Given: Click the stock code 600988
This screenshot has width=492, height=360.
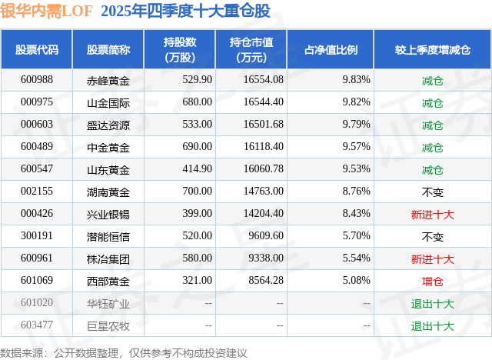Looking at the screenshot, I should pos(37,80).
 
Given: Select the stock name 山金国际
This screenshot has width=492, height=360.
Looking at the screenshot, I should pos(108,102).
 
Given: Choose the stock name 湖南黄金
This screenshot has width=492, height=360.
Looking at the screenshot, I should pos(108,192).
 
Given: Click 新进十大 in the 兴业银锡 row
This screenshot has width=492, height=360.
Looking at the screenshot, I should pos(433,214).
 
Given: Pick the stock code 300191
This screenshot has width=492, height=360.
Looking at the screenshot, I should pos(37,236).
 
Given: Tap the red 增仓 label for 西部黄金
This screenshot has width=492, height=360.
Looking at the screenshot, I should pos(433,281).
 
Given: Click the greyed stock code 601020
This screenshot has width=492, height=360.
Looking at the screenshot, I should pos(37,303).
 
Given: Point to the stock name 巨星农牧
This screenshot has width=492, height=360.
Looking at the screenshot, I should pos(108,325).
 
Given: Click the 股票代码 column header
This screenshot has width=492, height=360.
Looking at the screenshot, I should pos(37,49).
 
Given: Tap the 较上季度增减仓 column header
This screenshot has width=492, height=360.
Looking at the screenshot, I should pos(433,49).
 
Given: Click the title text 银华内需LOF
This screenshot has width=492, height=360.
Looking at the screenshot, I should pos(46,10).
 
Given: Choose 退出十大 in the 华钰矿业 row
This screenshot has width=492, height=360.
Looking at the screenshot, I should pos(433,303).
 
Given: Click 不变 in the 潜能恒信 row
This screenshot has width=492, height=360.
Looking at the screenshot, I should pos(433,236).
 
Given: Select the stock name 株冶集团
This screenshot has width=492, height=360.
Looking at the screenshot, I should pos(108,258).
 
